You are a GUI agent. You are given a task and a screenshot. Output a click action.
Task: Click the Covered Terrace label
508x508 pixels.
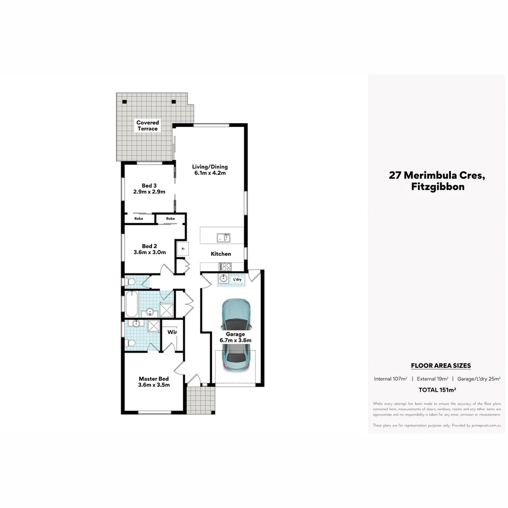click(x=148, y=126)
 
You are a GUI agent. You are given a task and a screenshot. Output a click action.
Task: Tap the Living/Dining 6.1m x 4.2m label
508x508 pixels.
click(x=210, y=170)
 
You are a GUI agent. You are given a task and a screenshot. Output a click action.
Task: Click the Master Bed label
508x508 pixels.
click(x=153, y=381)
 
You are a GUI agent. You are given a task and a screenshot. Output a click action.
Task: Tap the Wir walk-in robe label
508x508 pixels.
click(x=172, y=332)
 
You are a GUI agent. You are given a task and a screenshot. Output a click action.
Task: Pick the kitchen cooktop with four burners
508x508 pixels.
click(x=225, y=266)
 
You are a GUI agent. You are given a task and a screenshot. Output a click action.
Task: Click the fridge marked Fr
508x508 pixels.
click(x=182, y=248)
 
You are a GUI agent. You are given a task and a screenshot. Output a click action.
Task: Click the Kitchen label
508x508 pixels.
click(x=221, y=254)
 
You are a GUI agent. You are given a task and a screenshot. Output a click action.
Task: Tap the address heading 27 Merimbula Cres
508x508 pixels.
click(x=437, y=176)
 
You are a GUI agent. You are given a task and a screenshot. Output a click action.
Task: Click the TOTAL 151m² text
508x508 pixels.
click(x=437, y=390)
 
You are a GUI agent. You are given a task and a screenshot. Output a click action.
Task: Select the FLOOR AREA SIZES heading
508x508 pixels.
click(x=440, y=365)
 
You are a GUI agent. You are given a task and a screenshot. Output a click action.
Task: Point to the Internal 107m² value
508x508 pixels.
click(x=390, y=379)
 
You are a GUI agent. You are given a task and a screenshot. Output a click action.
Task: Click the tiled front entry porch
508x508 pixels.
click(x=201, y=400)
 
